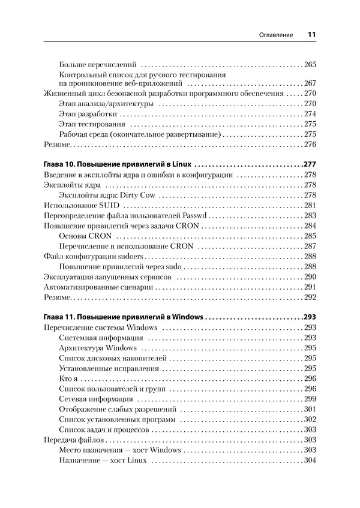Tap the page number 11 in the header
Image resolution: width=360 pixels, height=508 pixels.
click(311, 35)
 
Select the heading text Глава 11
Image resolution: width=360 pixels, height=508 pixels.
click(62, 317)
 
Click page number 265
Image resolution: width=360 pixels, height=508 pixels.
click(310, 64)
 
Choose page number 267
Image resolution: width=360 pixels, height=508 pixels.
click(310, 83)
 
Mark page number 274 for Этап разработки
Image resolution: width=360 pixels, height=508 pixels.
click(310, 113)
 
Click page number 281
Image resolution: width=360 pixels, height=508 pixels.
click(310, 205)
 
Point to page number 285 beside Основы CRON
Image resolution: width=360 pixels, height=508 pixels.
click(310, 236)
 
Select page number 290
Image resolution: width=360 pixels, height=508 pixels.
click(310, 276)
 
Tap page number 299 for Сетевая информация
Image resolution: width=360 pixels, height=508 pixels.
click(310, 399)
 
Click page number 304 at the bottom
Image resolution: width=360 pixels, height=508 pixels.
click(310, 461)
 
